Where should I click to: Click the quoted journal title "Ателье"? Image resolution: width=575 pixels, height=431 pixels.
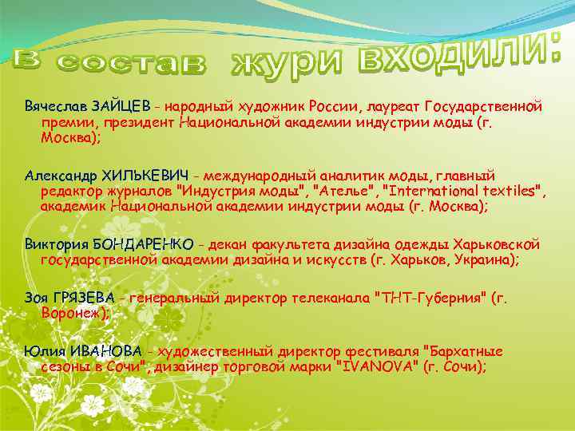[343, 190]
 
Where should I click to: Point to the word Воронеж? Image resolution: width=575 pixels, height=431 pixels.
[72, 313]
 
